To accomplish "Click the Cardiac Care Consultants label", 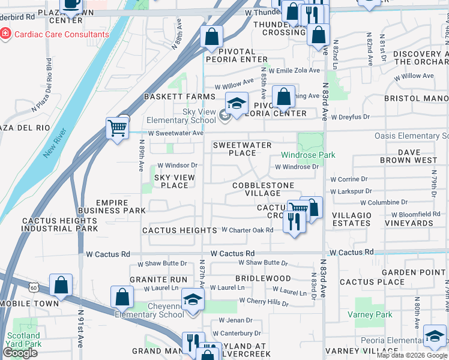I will pos(62,34).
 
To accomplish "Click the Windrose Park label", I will pos(316,155).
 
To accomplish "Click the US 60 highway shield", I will pos(32,288).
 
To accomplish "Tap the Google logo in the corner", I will pos(20,353).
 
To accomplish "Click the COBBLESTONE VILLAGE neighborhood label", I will pos(263,189).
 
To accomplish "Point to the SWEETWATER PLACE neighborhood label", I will pos(243,149).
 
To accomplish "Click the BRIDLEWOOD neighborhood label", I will pos(263,279).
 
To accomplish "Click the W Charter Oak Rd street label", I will pos(247,230).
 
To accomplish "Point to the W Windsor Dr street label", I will pos(177,165).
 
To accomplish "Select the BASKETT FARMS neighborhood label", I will pos(179,97).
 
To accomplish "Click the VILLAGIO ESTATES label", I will pos(351,219).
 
